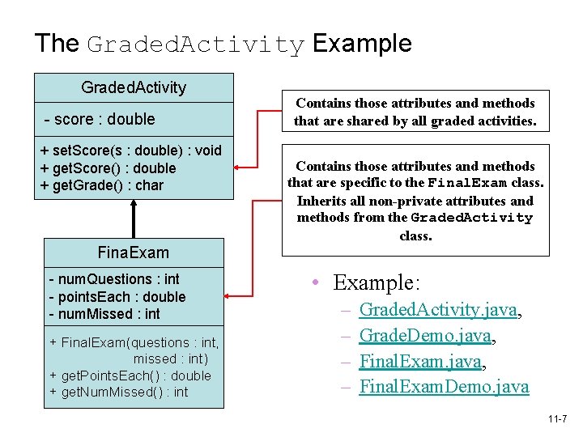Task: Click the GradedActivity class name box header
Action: [x=134, y=87]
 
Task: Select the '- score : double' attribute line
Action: [x=100, y=119]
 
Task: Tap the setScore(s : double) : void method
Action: [x=130, y=151]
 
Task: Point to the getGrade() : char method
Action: [x=102, y=185]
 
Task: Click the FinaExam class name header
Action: [x=134, y=252]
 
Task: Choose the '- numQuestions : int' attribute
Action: [x=114, y=279]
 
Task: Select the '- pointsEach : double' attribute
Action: [x=117, y=297]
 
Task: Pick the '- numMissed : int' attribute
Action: [x=104, y=314]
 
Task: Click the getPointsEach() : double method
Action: [x=130, y=375]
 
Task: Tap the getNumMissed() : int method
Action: [x=119, y=392]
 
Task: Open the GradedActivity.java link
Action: [x=438, y=309]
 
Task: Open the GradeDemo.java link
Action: [x=425, y=335]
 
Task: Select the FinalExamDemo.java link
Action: [x=444, y=387]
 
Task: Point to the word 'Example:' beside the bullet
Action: [x=377, y=283]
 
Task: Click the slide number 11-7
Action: [x=557, y=419]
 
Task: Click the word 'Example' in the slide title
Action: [x=362, y=44]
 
